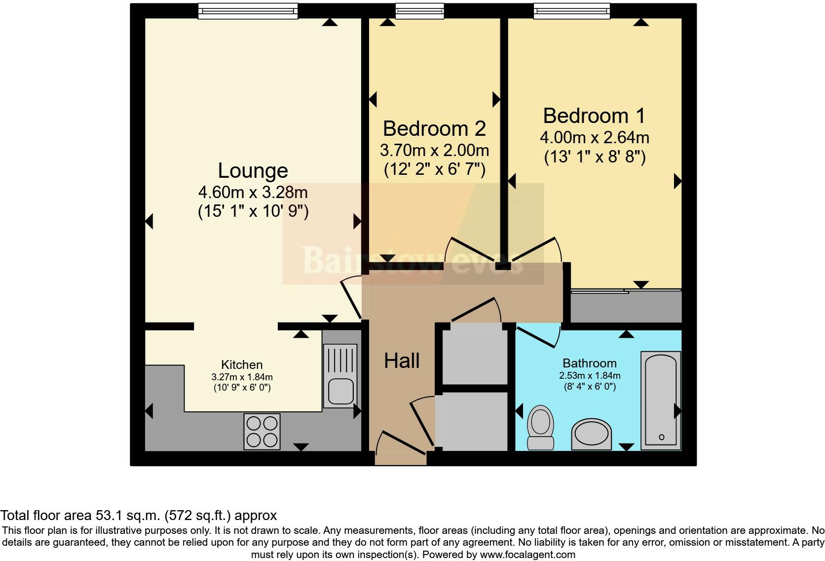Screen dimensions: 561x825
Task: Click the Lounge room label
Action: click(x=253, y=171)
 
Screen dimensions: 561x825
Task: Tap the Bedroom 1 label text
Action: click(x=594, y=116)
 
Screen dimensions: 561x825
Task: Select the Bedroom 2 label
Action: click(x=434, y=129)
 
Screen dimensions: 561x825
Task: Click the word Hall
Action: click(x=402, y=361)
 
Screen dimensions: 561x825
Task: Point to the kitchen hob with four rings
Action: click(x=262, y=432)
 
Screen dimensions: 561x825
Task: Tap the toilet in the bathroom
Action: click(x=540, y=427)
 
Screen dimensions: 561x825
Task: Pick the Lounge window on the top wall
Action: click(x=248, y=11)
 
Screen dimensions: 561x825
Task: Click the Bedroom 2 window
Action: click(x=419, y=11)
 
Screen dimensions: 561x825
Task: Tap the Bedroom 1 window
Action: click(x=571, y=11)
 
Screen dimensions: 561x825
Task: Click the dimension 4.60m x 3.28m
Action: click(x=253, y=192)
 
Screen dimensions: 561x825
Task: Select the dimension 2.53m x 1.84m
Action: click(x=590, y=376)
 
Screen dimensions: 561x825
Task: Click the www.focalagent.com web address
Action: click(x=527, y=555)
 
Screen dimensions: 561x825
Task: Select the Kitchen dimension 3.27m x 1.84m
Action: click(x=242, y=377)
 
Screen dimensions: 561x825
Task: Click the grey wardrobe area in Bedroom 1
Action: click(x=626, y=307)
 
